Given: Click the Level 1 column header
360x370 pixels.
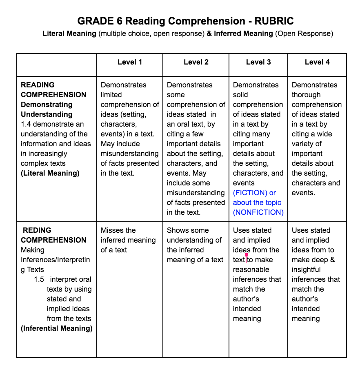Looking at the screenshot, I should pyautogui.click(x=130, y=62).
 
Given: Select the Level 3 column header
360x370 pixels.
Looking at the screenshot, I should pyautogui.click(x=258, y=62).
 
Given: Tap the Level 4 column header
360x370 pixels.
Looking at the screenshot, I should pyautogui.click(x=317, y=62).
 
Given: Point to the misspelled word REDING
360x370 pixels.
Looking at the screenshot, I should pyautogui.click(x=37, y=230).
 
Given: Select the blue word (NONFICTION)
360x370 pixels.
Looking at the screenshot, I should pyautogui.click(x=258, y=212).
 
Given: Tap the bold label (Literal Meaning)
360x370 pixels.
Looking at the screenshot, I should pyautogui.click(x=50, y=173).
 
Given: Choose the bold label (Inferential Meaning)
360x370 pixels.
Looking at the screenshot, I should pyautogui.click(x=57, y=328).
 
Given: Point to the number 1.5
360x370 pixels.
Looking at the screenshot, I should pyautogui.click(x=39, y=279).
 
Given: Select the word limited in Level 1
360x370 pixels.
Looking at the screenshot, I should pyautogui.click(x=111, y=95).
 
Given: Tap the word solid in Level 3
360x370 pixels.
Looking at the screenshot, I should pyautogui.click(x=241, y=95).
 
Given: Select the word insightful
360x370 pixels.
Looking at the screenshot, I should pyautogui.click(x=306, y=270).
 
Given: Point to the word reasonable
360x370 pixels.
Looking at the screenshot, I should pyautogui.click(x=251, y=270).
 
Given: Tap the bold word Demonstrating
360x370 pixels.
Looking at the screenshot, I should pyautogui.click(x=47, y=105).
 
